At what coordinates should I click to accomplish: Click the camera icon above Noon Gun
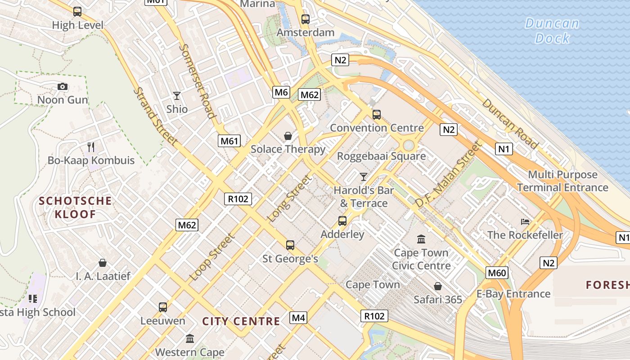pyautogui.click(x=63, y=86)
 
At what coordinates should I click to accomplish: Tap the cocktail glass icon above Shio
pyautogui.click(x=177, y=96)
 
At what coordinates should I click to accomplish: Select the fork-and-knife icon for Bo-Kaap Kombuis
pyautogui.click(x=91, y=147)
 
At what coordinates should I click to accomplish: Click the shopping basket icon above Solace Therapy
pyautogui.click(x=288, y=136)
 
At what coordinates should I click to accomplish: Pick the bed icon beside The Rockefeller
pyautogui.click(x=525, y=221)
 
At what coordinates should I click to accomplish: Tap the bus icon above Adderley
pyautogui.click(x=342, y=221)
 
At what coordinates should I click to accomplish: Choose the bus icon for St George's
pyautogui.click(x=290, y=245)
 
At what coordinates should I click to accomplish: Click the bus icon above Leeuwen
pyautogui.click(x=163, y=307)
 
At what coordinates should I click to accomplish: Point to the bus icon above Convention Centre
pyautogui.click(x=377, y=115)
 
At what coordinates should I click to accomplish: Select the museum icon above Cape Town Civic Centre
pyautogui.click(x=421, y=239)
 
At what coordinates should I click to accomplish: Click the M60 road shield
pyautogui.click(x=497, y=272)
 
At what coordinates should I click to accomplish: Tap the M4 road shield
pyautogui.click(x=298, y=318)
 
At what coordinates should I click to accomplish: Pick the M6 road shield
pyautogui.click(x=281, y=92)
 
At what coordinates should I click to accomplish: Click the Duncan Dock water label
pyautogui.click(x=552, y=31)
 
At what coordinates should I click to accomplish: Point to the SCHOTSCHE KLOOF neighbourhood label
pyautogui.click(x=76, y=207)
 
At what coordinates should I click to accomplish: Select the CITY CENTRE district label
pyautogui.click(x=241, y=321)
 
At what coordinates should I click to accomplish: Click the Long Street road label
pyautogui.click(x=289, y=198)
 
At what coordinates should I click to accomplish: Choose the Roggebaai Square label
pyautogui.click(x=382, y=156)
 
